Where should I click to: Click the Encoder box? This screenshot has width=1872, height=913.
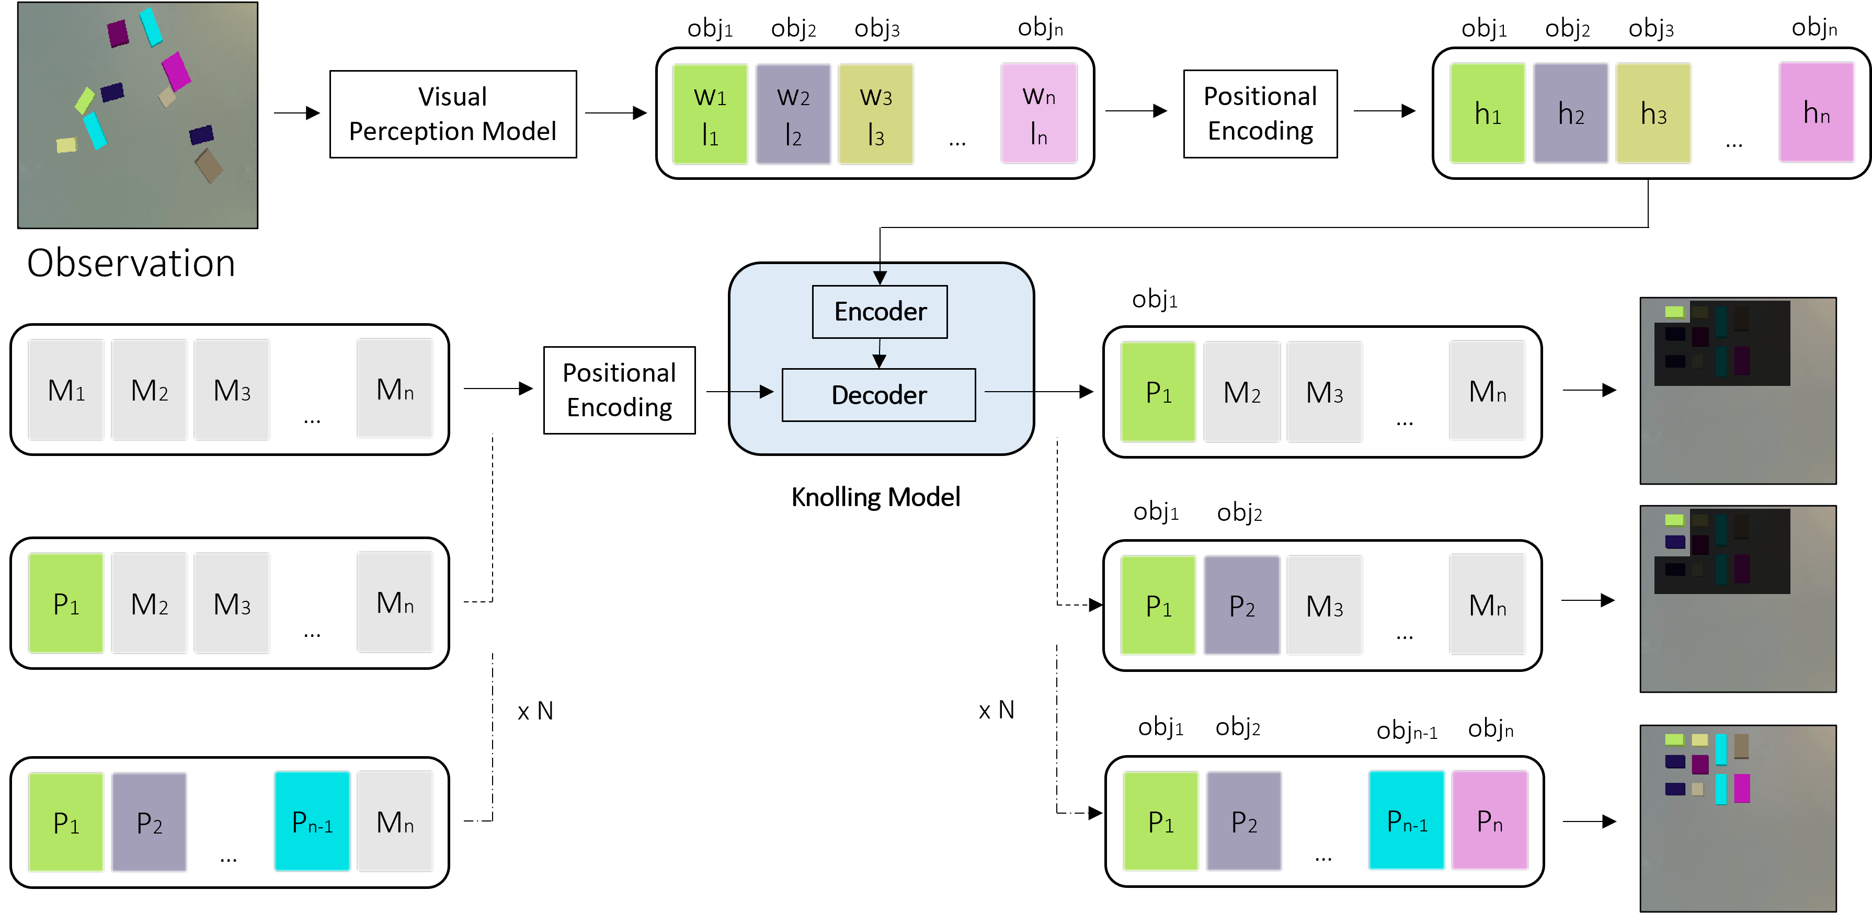click(880, 312)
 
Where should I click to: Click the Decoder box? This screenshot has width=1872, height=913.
click(878, 395)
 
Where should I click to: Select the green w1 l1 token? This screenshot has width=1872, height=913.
click(710, 114)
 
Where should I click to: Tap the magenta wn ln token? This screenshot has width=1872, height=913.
click(1038, 113)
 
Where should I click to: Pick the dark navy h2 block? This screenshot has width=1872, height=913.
click(1570, 113)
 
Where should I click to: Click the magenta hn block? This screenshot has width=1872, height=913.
click(1816, 112)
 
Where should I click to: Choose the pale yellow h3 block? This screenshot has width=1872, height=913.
click(1653, 113)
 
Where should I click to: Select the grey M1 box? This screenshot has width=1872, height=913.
click(66, 390)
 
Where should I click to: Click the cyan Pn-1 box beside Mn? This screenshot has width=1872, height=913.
click(312, 821)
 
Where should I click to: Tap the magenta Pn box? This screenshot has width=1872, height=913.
click(1489, 820)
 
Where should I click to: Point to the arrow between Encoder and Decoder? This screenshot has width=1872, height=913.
click(880, 354)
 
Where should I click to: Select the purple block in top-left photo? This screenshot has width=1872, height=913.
click(118, 33)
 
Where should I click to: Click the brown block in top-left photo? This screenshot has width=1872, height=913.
click(209, 166)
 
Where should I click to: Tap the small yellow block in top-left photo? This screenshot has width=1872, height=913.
click(66, 145)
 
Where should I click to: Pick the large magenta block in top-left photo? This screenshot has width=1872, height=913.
click(176, 71)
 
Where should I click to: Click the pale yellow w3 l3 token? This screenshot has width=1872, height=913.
click(876, 114)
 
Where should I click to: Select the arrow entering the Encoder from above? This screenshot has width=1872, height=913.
click(880, 274)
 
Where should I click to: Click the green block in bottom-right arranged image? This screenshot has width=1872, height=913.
click(1674, 739)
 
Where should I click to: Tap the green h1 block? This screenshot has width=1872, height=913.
click(1488, 113)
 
